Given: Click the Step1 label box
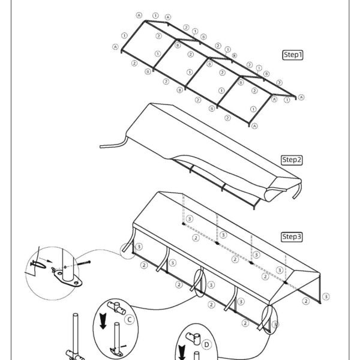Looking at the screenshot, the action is point(293,55).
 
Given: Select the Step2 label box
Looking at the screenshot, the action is point(292,160).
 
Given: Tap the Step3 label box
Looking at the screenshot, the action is point(292,237).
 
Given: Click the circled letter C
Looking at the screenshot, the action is point(129,320).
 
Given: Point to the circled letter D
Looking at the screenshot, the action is point(206,344).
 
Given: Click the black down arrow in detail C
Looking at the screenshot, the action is point(103,321).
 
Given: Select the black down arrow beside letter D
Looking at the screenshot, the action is point(182,352).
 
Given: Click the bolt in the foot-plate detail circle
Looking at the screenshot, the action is point(83,263).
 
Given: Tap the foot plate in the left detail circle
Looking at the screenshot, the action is point(68,278).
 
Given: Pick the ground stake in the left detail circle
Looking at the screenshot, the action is point(38,265).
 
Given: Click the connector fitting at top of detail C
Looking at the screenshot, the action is point(116,308).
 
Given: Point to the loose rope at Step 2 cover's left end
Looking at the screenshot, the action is point(114,144).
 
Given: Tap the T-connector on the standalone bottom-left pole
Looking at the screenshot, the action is point(75,355).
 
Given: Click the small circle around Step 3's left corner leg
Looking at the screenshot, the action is point(121,251).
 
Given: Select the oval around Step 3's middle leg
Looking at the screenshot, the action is point(194,283).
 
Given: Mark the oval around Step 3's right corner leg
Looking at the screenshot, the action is point(262,319).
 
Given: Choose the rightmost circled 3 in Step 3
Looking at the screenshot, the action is point(326,296).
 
